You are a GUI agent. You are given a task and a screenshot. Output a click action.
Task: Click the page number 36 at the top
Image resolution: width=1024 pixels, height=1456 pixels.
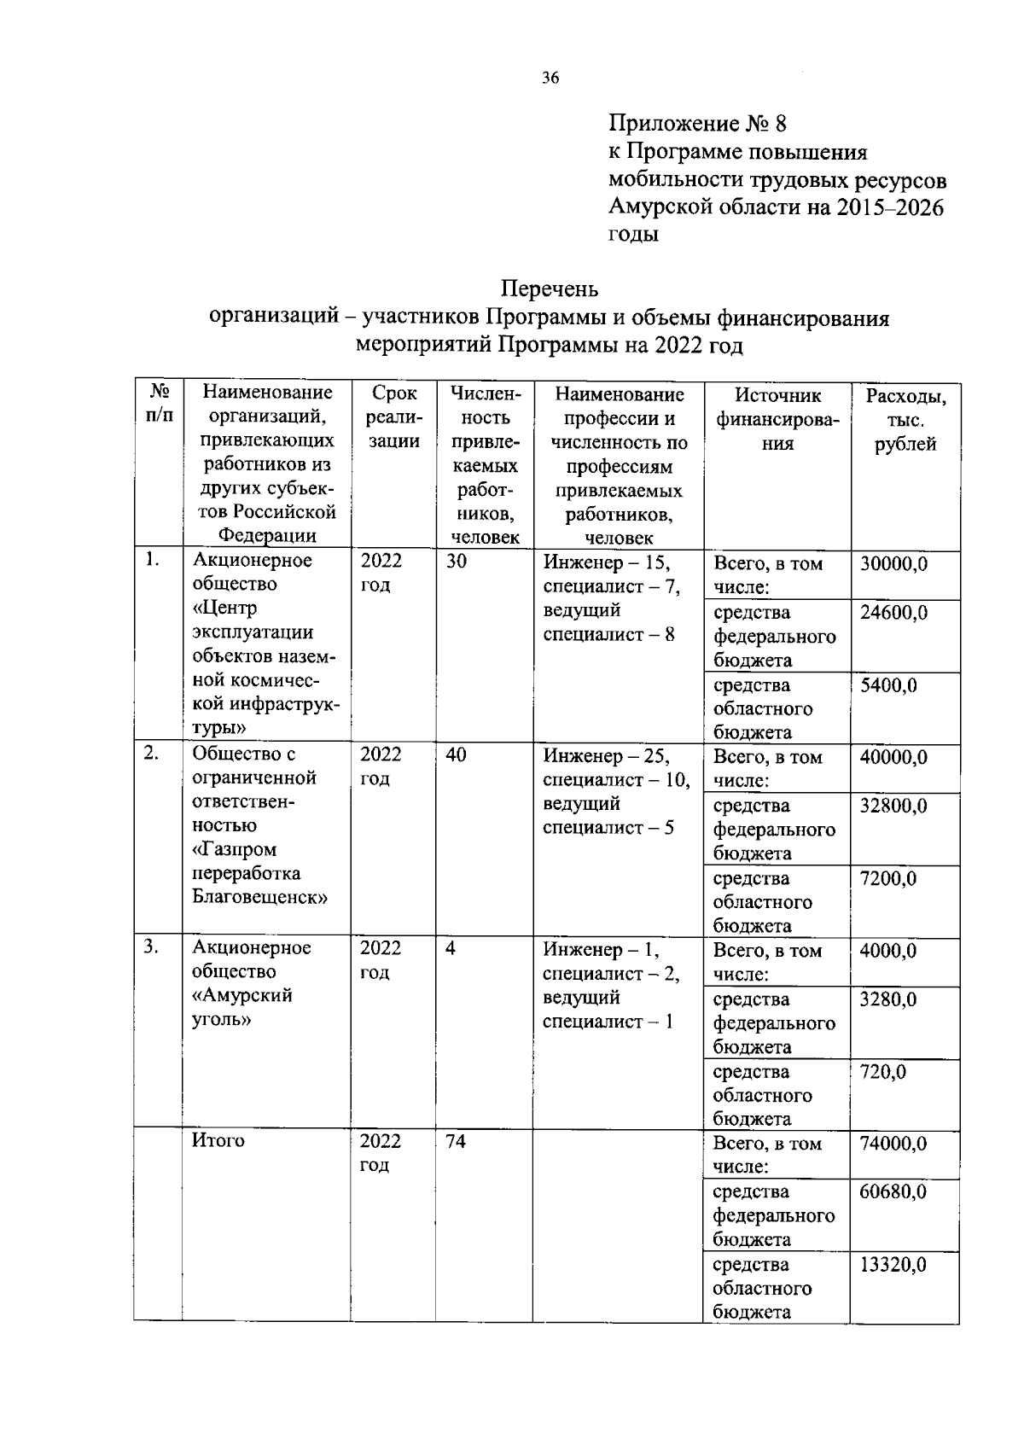(550, 79)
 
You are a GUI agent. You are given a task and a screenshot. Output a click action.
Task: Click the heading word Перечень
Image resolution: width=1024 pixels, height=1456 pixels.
(550, 288)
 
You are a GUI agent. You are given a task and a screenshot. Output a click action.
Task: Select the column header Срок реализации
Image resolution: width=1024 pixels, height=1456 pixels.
(394, 417)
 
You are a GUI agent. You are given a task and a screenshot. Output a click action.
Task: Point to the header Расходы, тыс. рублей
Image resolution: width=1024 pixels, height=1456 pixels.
(905, 420)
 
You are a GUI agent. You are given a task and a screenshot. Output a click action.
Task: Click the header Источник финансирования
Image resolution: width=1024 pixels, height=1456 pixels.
(777, 419)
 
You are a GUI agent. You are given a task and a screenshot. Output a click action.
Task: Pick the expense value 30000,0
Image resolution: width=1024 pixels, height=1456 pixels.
(893, 564)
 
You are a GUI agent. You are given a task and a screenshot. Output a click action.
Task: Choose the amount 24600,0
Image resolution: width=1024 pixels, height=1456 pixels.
(893, 613)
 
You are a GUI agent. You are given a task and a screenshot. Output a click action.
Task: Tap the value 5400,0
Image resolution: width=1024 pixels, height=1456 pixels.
(888, 685)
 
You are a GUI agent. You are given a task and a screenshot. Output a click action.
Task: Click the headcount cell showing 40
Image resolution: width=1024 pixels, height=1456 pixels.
(457, 755)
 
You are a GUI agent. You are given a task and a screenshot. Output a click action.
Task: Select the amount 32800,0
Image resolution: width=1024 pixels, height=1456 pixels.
(893, 807)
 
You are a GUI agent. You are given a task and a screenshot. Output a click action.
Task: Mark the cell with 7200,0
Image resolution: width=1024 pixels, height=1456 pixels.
(888, 879)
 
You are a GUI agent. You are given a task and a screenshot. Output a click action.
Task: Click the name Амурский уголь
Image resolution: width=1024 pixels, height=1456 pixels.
(242, 1008)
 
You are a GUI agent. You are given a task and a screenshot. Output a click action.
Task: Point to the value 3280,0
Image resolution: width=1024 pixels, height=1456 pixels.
(888, 999)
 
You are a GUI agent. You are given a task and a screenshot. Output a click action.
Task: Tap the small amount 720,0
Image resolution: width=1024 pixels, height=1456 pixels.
(883, 1072)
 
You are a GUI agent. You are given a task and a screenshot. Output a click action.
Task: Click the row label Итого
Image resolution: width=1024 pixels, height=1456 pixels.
(218, 1141)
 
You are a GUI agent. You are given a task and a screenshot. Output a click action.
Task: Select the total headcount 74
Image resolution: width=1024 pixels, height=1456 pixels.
(456, 1142)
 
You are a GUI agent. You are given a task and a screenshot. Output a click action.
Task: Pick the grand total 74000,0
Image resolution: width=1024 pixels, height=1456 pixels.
(893, 1144)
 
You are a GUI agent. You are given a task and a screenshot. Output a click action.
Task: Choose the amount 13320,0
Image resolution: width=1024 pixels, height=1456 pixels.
(893, 1265)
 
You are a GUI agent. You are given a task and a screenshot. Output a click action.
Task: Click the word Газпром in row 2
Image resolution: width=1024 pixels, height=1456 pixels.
(235, 850)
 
